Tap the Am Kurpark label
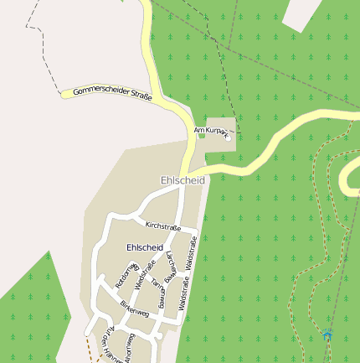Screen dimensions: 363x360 tap(210, 131)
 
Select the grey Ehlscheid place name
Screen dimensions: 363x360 tap(183, 180)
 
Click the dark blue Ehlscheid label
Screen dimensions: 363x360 tap(144, 247)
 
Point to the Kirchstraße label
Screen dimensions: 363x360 tap(162, 226)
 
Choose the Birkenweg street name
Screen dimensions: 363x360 tap(134, 308)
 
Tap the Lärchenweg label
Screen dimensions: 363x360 tap(171, 264)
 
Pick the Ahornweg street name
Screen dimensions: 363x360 tap(129, 347)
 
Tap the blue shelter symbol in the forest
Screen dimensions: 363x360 tap(328, 334)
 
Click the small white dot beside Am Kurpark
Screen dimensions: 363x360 tap(227, 138)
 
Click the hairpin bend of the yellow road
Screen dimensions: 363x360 tap(345, 176)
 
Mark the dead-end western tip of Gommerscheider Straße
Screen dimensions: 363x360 tap(64, 94)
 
